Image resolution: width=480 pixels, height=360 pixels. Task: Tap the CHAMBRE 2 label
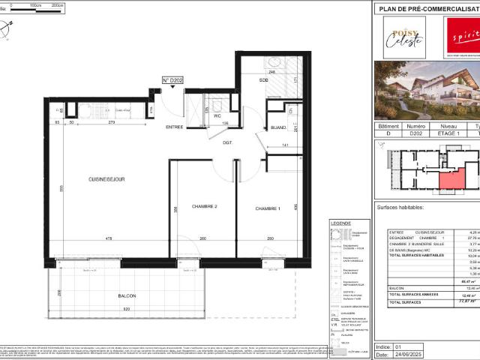[x=204, y=206]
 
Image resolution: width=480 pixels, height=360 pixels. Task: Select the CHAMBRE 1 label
[x=267, y=208]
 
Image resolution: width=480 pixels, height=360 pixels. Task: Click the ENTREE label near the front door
[x=174, y=127]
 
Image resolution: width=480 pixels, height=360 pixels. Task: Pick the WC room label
[x=217, y=115]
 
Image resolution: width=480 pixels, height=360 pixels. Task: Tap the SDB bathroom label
[x=263, y=80]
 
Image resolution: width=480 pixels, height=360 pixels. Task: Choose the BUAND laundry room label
[x=278, y=127]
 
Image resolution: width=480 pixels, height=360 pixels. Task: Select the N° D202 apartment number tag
[x=172, y=79]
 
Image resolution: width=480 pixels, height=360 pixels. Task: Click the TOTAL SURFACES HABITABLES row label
[x=417, y=255]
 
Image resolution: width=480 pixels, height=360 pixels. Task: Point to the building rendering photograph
[x=427, y=90]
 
